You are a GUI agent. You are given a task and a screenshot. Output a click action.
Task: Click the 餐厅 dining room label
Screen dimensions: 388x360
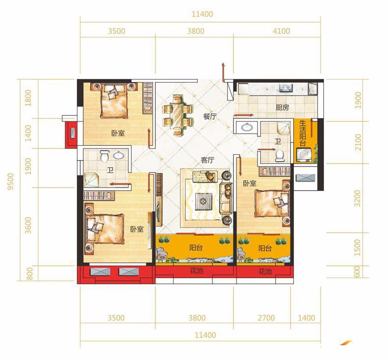(x=210, y=116)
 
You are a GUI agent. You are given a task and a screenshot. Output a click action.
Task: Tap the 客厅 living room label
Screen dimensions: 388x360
(x=207, y=160)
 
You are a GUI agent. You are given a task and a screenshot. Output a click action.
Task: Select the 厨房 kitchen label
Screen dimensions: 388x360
(x=282, y=108)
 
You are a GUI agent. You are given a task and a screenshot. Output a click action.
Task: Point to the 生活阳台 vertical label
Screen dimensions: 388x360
(x=302, y=133)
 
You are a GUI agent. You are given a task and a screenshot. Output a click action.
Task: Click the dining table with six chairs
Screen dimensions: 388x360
(x=178, y=115)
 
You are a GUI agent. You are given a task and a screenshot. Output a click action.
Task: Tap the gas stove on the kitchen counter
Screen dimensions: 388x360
(x=286, y=87)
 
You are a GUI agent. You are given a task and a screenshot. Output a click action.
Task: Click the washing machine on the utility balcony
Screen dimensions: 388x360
(x=304, y=155)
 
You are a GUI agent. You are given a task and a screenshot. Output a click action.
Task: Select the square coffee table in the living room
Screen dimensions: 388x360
(x=204, y=201)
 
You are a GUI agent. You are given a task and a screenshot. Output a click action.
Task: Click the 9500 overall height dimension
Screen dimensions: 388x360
(x=10, y=182)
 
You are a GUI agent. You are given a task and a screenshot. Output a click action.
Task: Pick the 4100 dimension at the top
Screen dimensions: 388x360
(x=281, y=31)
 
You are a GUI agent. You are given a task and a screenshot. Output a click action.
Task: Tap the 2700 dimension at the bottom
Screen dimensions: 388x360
(x=266, y=318)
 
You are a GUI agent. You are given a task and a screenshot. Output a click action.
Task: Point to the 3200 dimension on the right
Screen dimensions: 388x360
(x=358, y=198)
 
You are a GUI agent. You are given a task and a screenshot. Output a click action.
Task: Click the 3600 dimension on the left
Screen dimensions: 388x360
(x=28, y=225)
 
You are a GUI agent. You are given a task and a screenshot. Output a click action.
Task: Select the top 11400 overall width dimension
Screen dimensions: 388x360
(x=203, y=14)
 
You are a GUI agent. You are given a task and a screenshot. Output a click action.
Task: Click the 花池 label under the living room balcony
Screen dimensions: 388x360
(x=197, y=271)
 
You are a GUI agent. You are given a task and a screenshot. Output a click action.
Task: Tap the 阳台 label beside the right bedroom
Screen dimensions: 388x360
(x=265, y=248)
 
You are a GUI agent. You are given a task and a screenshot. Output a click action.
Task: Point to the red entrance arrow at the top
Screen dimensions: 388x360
(x=223, y=72)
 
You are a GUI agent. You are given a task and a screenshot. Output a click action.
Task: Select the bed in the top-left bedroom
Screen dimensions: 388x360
(x=114, y=101)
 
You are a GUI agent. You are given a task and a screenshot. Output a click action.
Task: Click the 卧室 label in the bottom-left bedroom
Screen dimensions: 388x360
(x=137, y=229)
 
